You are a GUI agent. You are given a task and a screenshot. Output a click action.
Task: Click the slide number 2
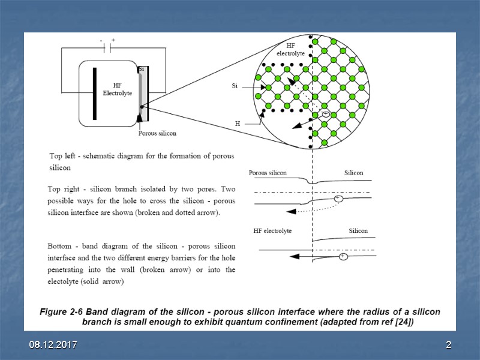coord(448,346)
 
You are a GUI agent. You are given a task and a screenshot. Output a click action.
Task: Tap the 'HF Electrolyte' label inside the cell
coord(117,89)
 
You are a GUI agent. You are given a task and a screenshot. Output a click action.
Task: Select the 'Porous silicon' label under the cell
coord(157,133)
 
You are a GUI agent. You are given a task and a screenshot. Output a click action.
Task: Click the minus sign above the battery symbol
coord(101,40)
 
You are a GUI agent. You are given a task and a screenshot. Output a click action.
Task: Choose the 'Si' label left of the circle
coord(235,86)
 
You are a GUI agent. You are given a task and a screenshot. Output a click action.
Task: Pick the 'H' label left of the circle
coord(238,124)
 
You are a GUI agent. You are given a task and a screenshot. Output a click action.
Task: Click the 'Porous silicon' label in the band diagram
coord(268,173)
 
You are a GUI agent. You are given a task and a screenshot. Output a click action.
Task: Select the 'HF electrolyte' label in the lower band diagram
coord(272,231)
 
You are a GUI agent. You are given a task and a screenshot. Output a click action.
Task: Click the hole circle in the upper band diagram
coord(338,198)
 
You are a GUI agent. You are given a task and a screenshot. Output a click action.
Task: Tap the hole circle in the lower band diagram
coord(343,256)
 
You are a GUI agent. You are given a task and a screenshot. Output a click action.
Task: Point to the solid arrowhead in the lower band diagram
coord(293,256)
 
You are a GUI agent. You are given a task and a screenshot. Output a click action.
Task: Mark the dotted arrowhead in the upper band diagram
coord(290,211)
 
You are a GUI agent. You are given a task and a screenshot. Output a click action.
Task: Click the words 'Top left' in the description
coord(64,155)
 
